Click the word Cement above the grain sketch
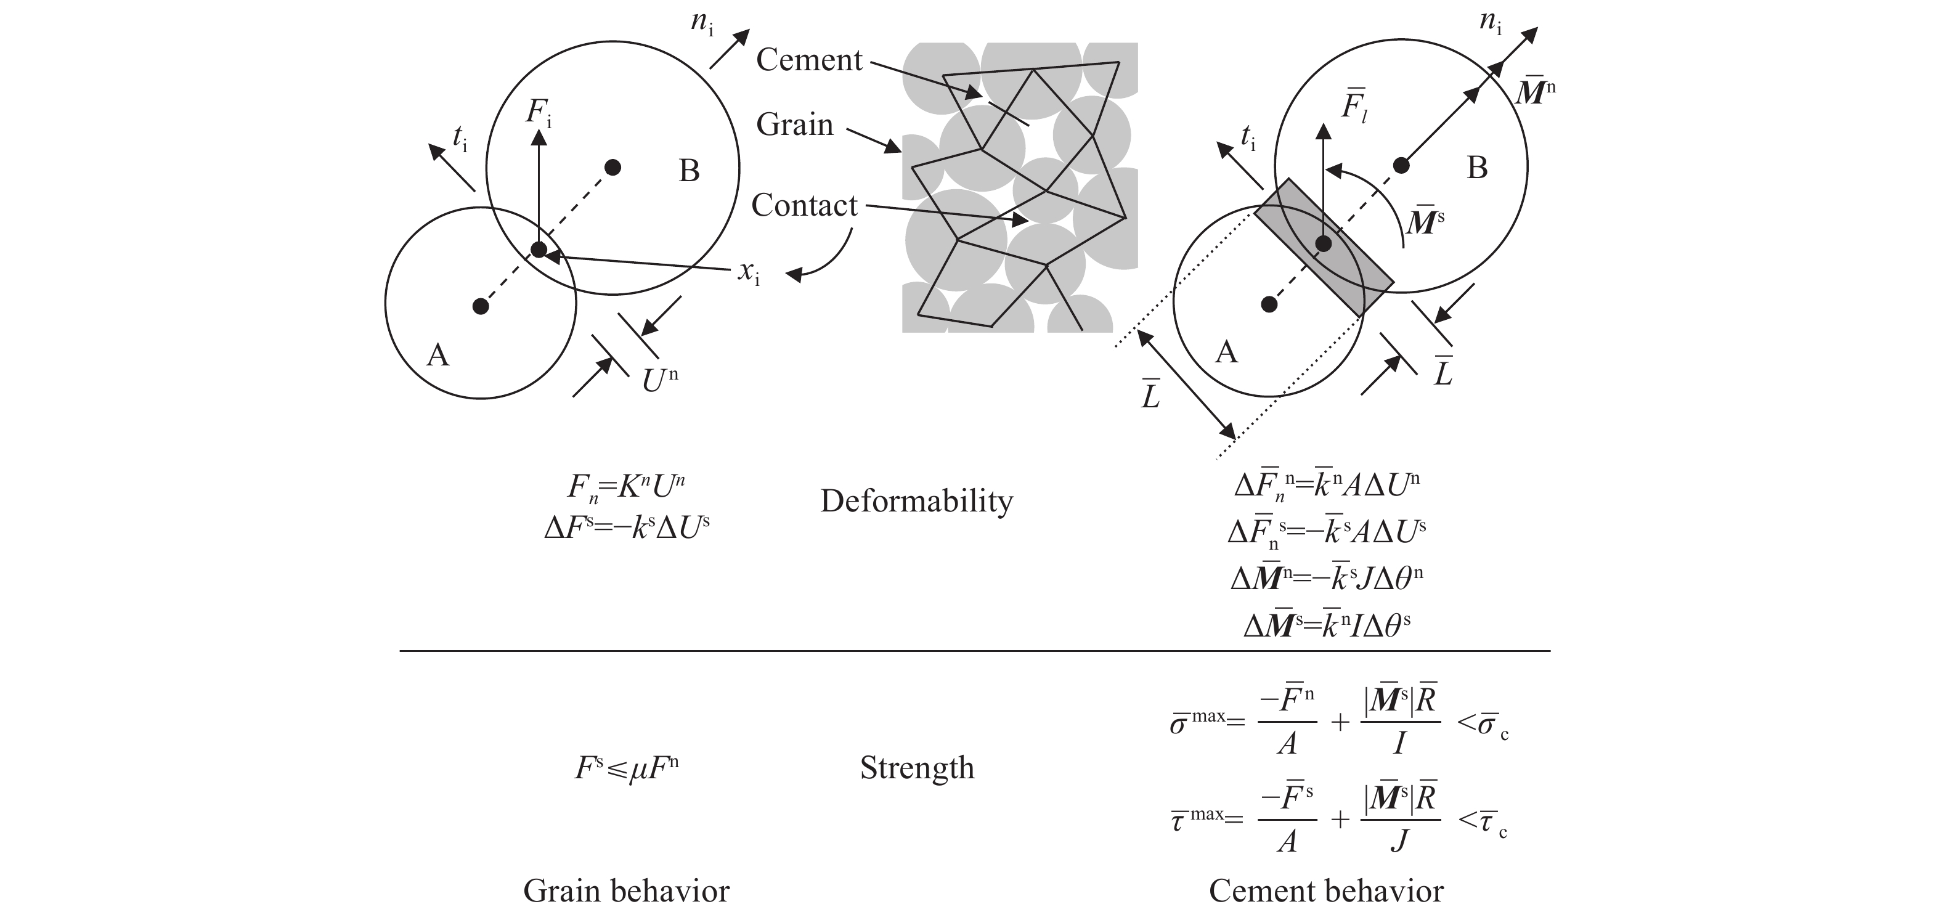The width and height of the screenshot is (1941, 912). point(808,60)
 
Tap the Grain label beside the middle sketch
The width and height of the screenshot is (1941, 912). point(794,125)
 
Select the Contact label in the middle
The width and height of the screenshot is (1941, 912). point(804,206)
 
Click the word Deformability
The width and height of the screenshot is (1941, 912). point(916,501)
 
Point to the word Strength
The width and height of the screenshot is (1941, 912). point(917,768)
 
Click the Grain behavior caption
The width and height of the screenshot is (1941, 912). point(626,891)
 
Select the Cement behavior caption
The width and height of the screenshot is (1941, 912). point(1326,891)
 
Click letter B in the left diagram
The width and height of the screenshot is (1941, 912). point(689,171)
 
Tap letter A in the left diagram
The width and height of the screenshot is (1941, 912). point(437,354)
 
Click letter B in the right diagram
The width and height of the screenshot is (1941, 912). point(1477,168)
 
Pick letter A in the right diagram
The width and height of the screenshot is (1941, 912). point(1227,352)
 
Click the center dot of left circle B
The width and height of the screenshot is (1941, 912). point(612,166)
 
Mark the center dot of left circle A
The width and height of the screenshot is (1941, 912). point(480,306)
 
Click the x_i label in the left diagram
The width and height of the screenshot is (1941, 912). point(748,273)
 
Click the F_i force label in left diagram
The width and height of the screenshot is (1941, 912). point(538,113)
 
